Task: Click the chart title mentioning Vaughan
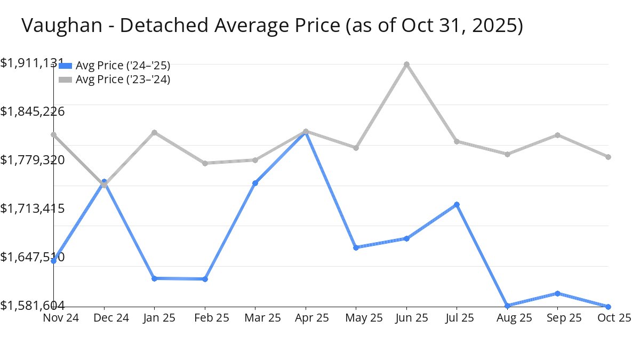pyautogui.click(x=272, y=26)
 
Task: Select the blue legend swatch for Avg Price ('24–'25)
pyautogui.click(x=65, y=66)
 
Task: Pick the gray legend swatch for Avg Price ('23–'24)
pyautogui.click(x=65, y=79)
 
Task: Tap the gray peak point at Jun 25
pyautogui.click(x=406, y=64)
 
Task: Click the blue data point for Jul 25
pyautogui.click(x=457, y=204)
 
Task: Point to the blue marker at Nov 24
pyautogui.click(x=54, y=261)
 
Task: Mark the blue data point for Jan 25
pyautogui.click(x=155, y=278)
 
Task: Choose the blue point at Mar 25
pyautogui.click(x=255, y=183)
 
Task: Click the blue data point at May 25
pyautogui.click(x=356, y=247)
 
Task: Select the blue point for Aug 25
pyautogui.click(x=507, y=306)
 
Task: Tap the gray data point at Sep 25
pyautogui.click(x=557, y=135)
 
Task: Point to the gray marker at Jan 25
pyautogui.click(x=155, y=132)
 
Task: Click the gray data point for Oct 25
pyautogui.click(x=608, y=157)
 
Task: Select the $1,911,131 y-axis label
pyautogui.click(x=32, y=63)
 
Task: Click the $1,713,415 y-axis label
pyautogui.click(x=32, y=208)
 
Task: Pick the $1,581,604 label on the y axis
pyautogui.click(x=32, y=305)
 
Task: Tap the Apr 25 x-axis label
pyautogui.click(x=305, y=318)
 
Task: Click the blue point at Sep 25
pyautogui.click(x=557, y=293)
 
